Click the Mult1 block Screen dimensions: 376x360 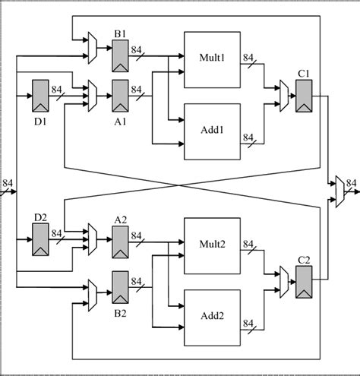213,56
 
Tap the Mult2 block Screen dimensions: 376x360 213,244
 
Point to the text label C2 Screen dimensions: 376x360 304,260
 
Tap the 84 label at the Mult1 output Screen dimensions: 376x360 248,57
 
